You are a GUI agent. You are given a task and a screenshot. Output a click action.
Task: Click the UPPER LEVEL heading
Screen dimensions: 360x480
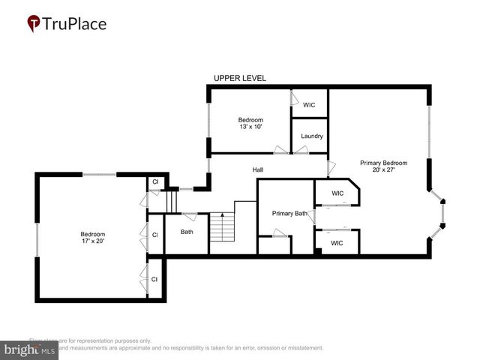[x=239, y=78]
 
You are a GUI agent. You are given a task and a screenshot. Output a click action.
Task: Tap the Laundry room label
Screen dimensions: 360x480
[x=311, y=136]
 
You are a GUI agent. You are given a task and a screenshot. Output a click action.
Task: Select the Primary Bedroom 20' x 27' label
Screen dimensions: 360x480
[x=383, y=166]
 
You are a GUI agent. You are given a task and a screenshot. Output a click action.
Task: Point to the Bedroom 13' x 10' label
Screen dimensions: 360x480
[x=250, y=123]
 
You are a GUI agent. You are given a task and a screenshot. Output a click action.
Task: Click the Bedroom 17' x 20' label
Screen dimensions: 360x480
[x=93, y=237]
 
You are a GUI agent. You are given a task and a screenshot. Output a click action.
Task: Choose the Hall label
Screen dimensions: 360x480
[x=257, y=169]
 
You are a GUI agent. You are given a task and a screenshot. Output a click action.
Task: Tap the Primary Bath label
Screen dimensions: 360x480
[x=289, y=213]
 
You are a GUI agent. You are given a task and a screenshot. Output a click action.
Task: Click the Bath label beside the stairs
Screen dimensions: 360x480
[x=187, y=232]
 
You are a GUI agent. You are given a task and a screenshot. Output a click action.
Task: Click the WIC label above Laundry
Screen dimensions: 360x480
[x=309, y=105]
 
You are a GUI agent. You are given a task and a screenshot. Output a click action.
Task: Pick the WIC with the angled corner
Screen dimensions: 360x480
[x=337, y=193]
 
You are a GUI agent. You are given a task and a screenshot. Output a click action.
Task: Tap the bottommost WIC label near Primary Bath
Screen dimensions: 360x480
[x=337, y=243]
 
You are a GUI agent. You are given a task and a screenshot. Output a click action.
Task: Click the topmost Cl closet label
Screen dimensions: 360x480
[x=155, y=181]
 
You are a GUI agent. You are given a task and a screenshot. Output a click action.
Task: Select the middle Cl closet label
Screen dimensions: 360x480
[x=155, y=235]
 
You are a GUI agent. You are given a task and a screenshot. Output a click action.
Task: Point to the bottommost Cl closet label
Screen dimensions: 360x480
[x=155, y=279]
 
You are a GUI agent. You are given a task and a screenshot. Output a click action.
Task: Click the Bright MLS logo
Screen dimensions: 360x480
[x=30, y=349]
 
